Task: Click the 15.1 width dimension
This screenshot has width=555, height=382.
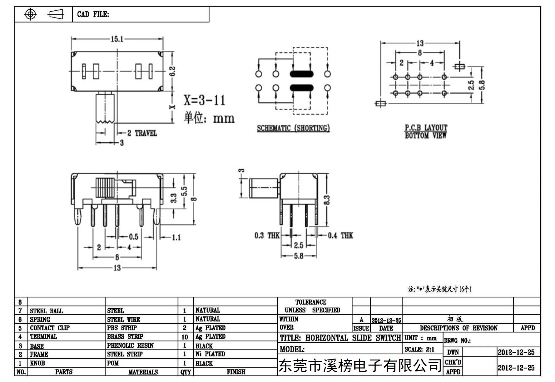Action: click(x=117, y=39)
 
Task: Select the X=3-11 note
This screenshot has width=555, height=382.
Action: click(x=204, y=100)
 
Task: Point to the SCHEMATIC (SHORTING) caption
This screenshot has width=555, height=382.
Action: click(x=293, y=128)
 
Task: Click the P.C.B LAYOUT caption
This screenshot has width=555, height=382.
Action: click(x=426, y=128)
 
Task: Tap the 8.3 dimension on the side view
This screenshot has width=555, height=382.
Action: click(x=327, y=200)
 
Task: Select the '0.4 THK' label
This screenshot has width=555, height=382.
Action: click(x=340, y=235)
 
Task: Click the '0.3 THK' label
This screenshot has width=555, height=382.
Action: click(x=267, y=235)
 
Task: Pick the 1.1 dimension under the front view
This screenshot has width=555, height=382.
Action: click(x=176, y=238)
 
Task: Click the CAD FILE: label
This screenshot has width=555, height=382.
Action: click(x=93, y=14)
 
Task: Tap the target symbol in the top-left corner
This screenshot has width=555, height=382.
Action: click(x=30, y=14)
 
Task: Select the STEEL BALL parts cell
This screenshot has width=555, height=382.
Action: click(x=46, y=311)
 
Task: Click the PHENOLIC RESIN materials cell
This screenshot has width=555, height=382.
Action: click(x=130, y=345)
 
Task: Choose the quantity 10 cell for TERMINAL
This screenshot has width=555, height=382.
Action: click(x=185, y=337)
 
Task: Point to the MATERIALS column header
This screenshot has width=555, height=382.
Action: click(x=143, y=372)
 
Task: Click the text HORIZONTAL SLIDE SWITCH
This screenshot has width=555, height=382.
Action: click(x=353, y=338)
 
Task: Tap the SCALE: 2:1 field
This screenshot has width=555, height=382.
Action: click(x=419, y=349)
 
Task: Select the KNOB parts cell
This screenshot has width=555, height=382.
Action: click(x=37, y=363)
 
